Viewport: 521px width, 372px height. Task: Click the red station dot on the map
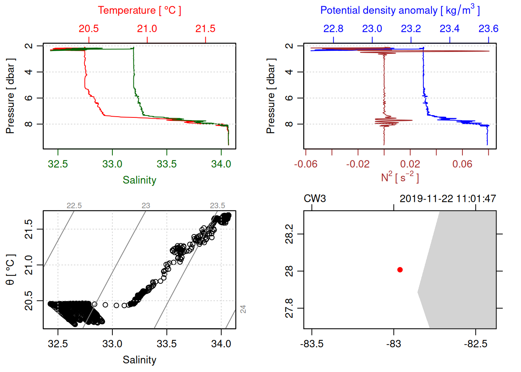tap(400, 270)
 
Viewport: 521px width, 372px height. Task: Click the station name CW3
tap(314, 199)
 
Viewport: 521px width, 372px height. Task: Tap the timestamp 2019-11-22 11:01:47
tap(447, 199)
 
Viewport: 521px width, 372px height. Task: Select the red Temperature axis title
tap(139, 10)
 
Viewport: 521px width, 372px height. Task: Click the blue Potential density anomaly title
tap(400, 10)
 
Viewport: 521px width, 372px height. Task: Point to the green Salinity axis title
tap(139, 180)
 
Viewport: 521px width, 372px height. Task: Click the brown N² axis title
tap(400, 177)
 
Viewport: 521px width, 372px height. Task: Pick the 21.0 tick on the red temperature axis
tap(147, 29)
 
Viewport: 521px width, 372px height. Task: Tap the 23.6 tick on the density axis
tap(488, 29)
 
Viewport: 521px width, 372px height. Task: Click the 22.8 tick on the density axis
tap(333, 29)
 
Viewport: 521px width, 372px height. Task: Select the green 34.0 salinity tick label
tap(221, 164)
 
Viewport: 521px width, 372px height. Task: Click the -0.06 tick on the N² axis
tap(306, 164)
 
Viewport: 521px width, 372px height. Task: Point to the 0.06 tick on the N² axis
tap(462, 164)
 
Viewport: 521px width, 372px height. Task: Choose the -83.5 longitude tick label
tap(312, 344)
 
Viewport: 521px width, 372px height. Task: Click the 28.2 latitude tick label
tap(289, 234)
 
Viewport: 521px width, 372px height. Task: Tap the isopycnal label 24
tap(243, 309)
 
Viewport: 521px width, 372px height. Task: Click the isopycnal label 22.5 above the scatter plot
tap(74, 205)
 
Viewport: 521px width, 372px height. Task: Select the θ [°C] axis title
tap(10, 270)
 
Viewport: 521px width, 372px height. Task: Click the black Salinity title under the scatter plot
tap(139, 360)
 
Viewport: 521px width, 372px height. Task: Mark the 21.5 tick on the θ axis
tap(29, 229)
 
